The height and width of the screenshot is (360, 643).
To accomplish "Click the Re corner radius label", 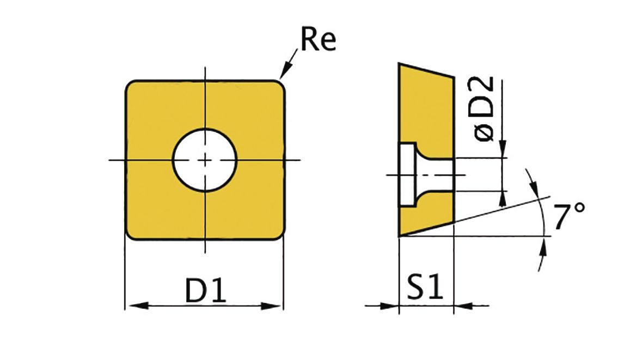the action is click(x=318, y=39).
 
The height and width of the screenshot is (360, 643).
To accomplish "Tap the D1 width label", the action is click(x=205, y=290).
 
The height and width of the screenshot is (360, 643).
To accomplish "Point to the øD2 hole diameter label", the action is click(x=484, y=109).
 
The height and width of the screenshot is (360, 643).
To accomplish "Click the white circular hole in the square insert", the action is click(x=205, y=160).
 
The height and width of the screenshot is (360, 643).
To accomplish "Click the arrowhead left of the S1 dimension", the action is click(x=390, y=306).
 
